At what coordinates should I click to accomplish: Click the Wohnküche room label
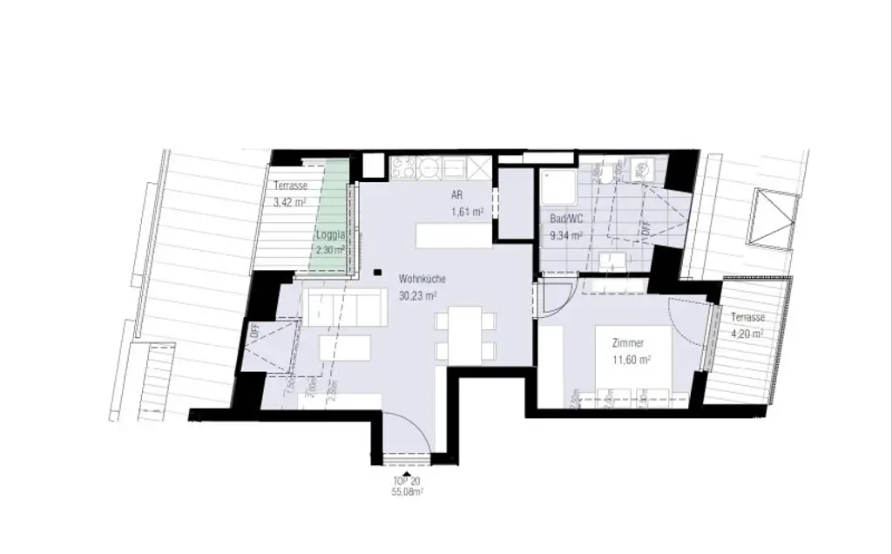(422, 280)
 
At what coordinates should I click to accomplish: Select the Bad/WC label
(564, 220)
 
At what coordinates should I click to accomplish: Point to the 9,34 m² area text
(565, 234)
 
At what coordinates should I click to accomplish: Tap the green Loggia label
(330, 235)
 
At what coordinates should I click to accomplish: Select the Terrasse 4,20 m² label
(747, 324)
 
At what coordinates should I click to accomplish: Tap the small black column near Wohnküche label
(376, 272)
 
